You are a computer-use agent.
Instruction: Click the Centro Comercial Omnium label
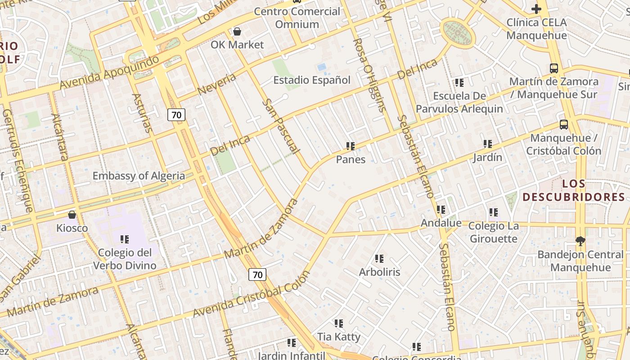pos(297,18)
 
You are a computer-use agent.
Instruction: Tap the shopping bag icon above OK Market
pos(237,31)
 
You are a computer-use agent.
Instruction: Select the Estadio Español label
pos(312,80)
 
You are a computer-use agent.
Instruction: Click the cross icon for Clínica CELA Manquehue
pos(536,9)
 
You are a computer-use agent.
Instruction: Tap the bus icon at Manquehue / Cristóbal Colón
pos(563,125)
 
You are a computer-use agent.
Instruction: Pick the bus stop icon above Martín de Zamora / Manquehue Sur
pos(554,68)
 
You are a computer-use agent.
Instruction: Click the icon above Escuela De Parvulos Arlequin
pos(459,82)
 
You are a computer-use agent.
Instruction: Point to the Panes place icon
pos(351,146)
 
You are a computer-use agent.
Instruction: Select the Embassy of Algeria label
pos(139,175)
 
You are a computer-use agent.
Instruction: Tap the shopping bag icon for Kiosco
pos(72,215)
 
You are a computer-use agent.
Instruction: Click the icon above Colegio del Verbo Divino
pos(125,239)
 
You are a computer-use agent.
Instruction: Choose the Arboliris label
pos(379,272)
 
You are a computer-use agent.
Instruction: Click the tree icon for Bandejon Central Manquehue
pos(580,241)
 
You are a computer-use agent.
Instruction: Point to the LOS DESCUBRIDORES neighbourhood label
pos(574,190)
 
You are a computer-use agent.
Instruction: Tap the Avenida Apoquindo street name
pos(109,72)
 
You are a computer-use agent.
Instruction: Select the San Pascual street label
pos(281,126)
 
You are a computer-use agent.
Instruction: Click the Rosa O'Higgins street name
pos(370,74)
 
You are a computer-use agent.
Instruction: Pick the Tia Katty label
pos(339,337)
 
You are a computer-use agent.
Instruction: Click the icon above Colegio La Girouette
pos(494,212)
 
